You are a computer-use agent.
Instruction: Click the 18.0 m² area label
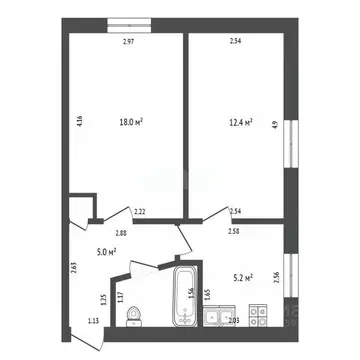(131, 122)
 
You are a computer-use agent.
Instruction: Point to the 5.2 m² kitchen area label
(241, 278)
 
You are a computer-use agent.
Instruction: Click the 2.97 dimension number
(128, 42)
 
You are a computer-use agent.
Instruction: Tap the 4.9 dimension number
(274, 126)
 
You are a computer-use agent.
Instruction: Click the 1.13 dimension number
(94, 320)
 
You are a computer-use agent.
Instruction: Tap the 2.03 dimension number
(232, 320)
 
